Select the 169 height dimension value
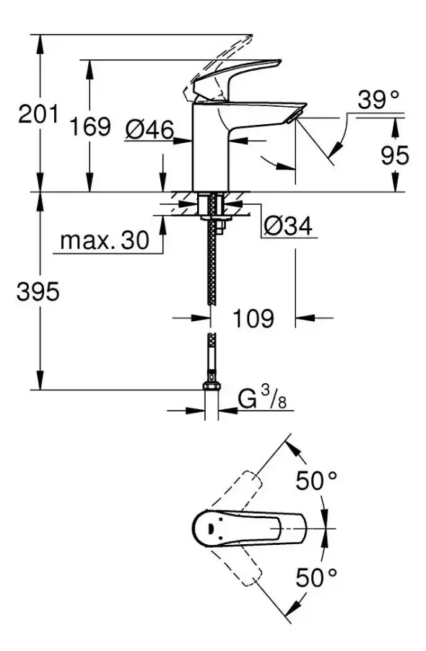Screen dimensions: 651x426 click(91, 127)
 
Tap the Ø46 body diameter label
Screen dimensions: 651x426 click(149, 129)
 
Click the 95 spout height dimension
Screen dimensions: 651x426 click(394, 155)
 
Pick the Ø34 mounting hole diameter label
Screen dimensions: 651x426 click(286, 227)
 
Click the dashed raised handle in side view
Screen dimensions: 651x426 click(217, 61)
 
